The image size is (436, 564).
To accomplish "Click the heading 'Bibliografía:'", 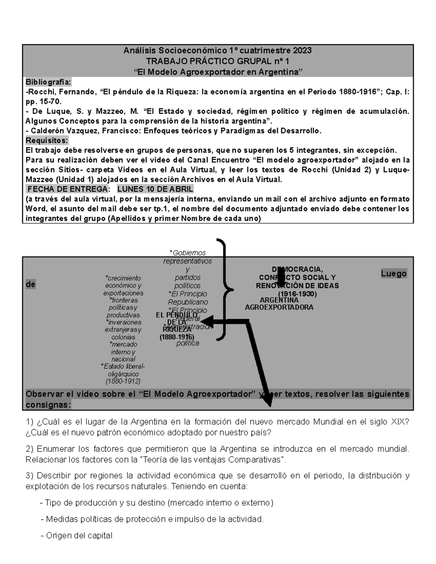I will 48,82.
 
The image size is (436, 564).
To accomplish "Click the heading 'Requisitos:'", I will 47,141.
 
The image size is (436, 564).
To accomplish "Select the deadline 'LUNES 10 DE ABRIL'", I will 155,189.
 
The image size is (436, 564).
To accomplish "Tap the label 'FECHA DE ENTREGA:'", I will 68,189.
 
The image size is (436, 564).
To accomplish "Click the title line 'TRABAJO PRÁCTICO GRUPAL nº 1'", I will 217,61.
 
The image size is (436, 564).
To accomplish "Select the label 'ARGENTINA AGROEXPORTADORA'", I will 279,304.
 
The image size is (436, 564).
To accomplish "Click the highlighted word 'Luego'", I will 393,273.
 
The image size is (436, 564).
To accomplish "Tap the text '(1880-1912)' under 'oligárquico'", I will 123,381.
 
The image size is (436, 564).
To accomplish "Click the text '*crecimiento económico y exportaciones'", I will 123,285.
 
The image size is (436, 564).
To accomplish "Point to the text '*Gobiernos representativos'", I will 187,257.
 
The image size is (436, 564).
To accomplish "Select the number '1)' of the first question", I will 29,422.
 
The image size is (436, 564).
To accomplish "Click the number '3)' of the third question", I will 29,476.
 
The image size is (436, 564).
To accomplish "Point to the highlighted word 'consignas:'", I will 48,405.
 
